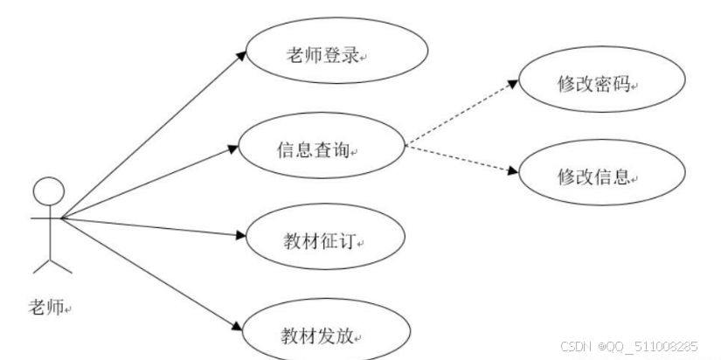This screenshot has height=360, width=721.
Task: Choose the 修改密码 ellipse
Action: pyautogui.click(x=601, y=85)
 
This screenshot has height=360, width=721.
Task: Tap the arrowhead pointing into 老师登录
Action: pyautogui.click(x=241, y=53)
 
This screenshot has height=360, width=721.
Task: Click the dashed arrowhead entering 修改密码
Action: pyautogui.click(x=513, y=85)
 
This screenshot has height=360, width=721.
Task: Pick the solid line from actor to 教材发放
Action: pyautogui.click(x=149, y=272)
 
